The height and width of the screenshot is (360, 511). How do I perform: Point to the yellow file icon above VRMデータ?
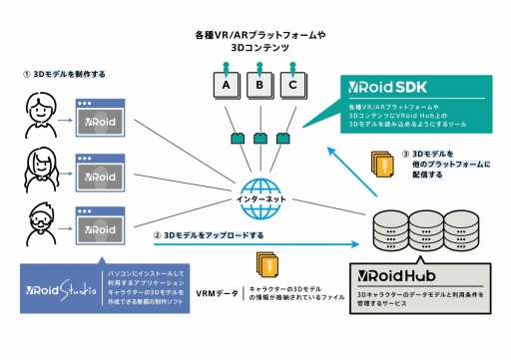coord(266,265)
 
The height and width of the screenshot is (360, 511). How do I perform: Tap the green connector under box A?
coord(235,138)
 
